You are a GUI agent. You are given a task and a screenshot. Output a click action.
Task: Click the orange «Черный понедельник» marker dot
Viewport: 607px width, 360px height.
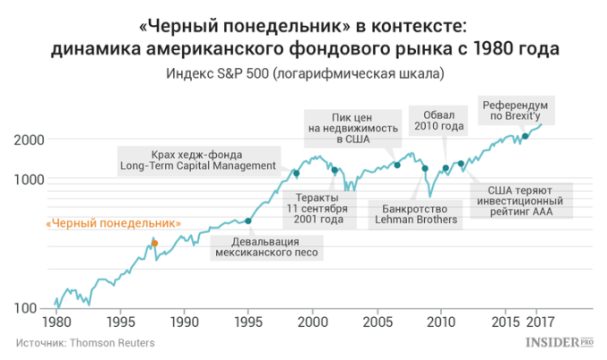pyautogui.click(x=154, y=243)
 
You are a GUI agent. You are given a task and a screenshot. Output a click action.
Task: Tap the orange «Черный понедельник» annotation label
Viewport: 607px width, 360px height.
pyautogui.click(x=114, y=223)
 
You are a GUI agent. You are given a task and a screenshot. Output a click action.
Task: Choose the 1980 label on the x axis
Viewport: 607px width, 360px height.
pyautogui.click(x=55, y=322)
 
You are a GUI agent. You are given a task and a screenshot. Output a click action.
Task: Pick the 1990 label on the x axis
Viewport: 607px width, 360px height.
pyautogui.click(x=184, y=322)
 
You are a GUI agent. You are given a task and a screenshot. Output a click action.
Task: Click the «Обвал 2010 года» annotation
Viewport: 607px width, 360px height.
pyautogui.click(x=438, y=121)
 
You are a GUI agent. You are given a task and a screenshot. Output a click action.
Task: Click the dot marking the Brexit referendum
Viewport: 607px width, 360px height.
pyautogui.click(x=525, y=137)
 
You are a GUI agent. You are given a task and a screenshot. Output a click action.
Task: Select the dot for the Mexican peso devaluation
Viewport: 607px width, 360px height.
pyautogui.click(x=248, y=221)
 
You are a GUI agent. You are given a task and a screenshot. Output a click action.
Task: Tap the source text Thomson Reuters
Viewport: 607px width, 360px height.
pyautogui.click(x=84, y=342)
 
